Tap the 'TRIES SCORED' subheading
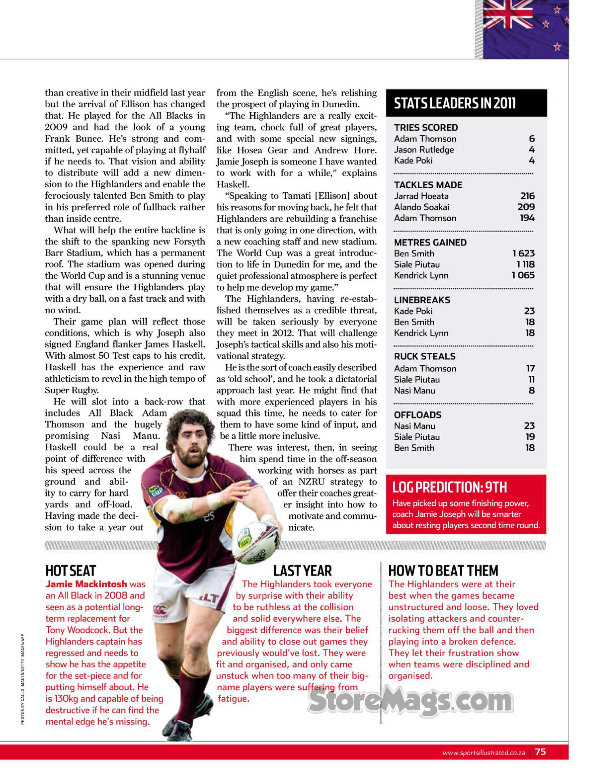tap(426, 127)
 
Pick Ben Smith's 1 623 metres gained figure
tap(523, 253)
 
